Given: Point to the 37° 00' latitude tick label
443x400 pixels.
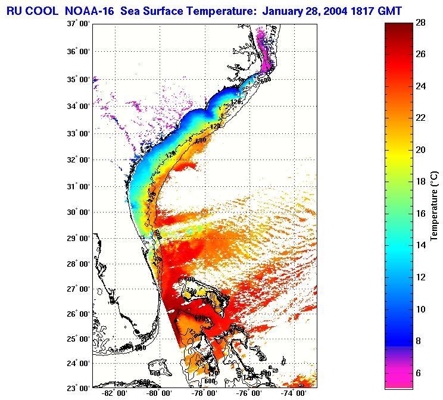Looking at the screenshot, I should click(78, 24).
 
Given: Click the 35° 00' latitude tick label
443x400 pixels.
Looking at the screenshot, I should click(78, 79).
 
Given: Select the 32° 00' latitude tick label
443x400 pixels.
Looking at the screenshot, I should click(78, 160).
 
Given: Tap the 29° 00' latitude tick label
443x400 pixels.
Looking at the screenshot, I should click(78, 238).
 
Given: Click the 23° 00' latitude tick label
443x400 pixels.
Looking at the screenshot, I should click(78, 388).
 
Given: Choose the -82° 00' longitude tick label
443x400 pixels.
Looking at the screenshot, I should click(113, 393).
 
